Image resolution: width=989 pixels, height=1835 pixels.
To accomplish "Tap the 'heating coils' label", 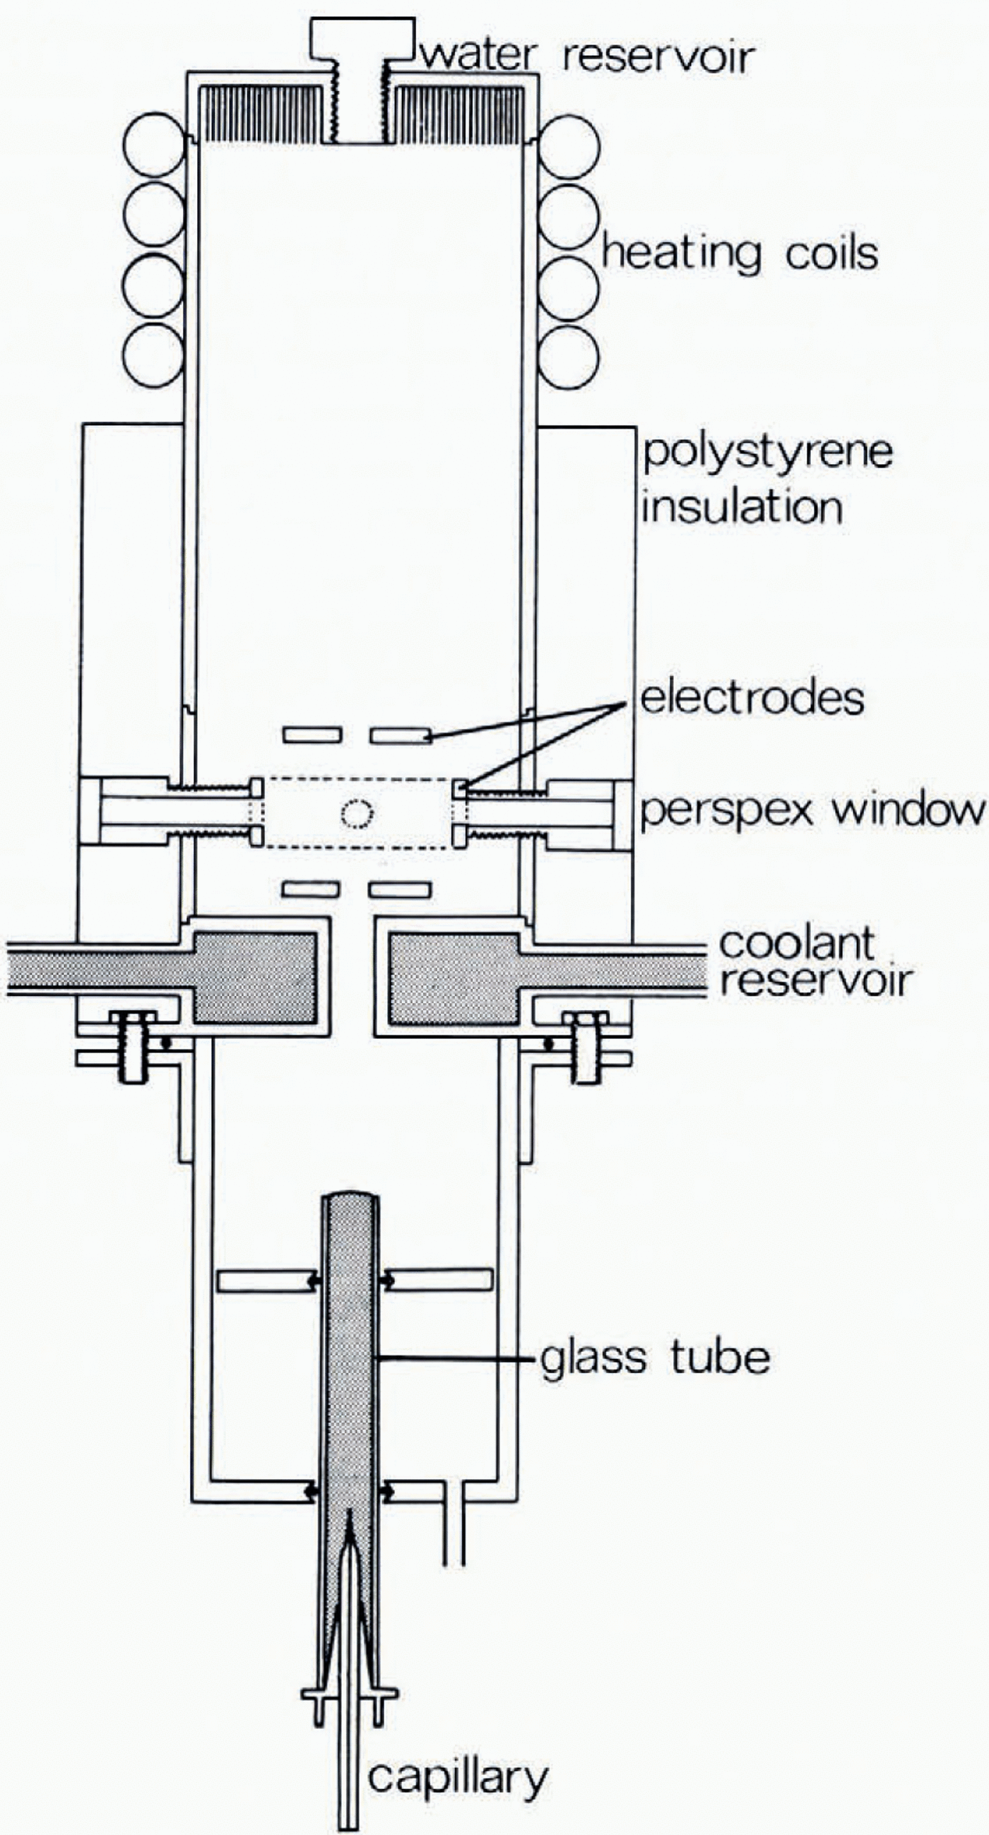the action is click(740, 254).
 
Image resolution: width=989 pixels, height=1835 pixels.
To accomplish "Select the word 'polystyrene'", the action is click(767, 452).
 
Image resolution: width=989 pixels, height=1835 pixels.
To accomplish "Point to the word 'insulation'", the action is click(742, 508).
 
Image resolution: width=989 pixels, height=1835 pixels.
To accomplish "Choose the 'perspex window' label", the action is click(812, 812).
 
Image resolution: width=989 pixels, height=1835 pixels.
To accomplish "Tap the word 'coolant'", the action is click(798, 942).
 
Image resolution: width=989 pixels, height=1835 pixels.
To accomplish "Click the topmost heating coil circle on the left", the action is click(154, 146).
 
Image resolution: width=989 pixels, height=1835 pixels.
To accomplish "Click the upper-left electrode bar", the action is click(312, 735).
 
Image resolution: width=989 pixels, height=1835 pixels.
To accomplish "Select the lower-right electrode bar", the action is click(400, 889).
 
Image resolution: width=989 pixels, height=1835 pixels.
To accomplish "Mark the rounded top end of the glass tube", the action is click(350, 1198).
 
